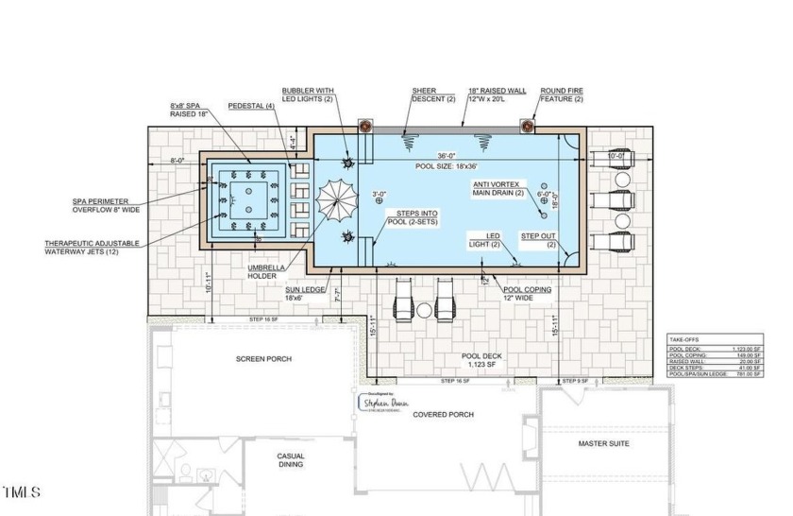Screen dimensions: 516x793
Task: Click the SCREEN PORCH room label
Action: (x=263, y=359)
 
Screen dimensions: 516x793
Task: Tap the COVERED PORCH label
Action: (x=443, y=415)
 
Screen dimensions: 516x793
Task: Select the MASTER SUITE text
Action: (x=604, y=443)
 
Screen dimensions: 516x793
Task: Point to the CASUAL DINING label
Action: (x=291, y=460)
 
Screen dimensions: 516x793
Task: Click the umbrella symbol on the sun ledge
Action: (x=335, y=200)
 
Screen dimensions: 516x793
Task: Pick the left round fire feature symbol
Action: (x=364, y=127)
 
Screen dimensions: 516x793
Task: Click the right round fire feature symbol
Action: (x=528, y=127)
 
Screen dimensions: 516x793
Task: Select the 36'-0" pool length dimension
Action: (x=447, y=157)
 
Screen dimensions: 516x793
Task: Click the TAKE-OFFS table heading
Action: (x=688, y=337)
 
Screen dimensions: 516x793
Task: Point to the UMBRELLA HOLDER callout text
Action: (x=267, y=271)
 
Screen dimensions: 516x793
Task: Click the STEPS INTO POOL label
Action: (x=415, y=220)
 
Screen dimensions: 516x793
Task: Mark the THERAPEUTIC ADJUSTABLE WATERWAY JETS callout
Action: (x=92, y=248)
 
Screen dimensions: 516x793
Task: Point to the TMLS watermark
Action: (x=22, y=492)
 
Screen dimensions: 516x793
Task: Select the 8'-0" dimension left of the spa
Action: (x=177, y=161)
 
